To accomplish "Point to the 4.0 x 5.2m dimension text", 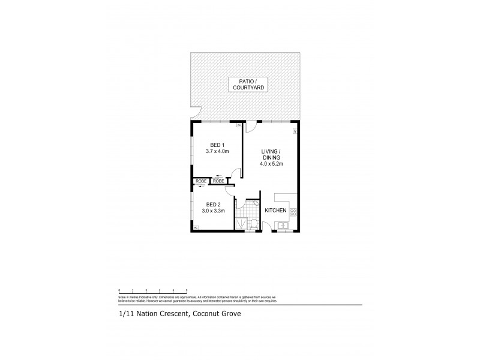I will [271, 163].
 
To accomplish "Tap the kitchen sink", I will [281, 226].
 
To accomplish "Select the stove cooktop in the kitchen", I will [293, 211].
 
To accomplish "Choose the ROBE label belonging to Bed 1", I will [218, 181].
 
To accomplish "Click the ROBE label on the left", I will [200, 181].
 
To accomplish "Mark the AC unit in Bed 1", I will [238, 125].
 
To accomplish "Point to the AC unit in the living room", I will [295, 130].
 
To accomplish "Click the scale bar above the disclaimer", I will [153, 292].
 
